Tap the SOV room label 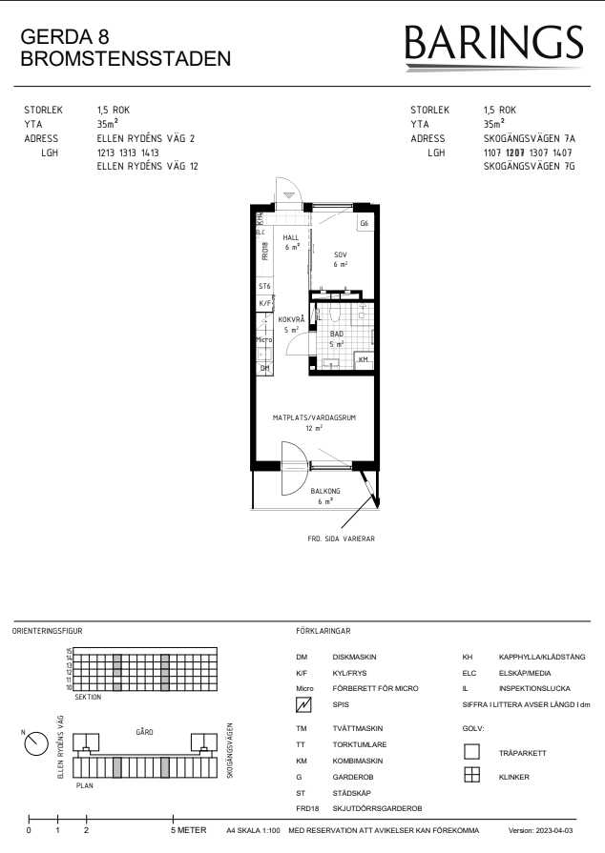[x=341, y=254]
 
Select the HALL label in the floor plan [x=291, y=237]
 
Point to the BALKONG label [x=325, y=491]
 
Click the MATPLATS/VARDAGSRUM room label [x=314, y=417]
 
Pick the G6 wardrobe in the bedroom [x=365, y=223]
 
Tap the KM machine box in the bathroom [x=364, y=360]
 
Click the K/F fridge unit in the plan [x=264, y=304]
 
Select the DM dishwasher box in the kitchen [x=264, y=368]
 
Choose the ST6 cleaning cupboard [x=264, y=286]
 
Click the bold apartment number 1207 [x=515, y=152]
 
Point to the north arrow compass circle [x=36, y=743]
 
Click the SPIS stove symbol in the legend [x=303, y=704]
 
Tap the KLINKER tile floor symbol [x=471, y=775]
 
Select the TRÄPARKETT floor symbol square [x=471, y=752]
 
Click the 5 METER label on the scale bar [x=189, y=830]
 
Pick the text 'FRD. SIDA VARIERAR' [x=342, y=539]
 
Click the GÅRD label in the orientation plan [x=144, y=732]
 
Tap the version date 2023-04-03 [x=553, y=831]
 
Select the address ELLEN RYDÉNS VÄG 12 [x=148, y=167]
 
